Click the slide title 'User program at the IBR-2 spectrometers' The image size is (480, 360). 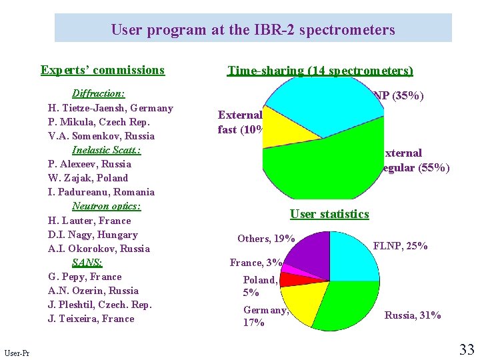(x=253, y=30)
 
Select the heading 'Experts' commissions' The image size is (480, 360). (x=102, y=70)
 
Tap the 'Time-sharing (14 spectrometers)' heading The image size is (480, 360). (x=320, y=71)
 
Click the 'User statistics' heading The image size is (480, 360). (x=329, y=214)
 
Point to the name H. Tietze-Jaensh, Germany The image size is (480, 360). (x=110, y=108)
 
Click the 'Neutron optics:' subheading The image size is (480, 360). (x=106, y=206)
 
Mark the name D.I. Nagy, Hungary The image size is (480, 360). (x=93, y=235)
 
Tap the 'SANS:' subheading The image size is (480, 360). (x=88, y=263)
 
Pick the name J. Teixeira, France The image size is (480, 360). (x=91, y=319)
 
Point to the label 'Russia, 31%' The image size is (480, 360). (x=412, y=315)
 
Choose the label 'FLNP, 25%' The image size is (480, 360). (x=400, y=246)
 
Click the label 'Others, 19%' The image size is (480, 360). (x=266, y=239)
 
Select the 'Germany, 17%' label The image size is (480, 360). (x=265, y=316)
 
